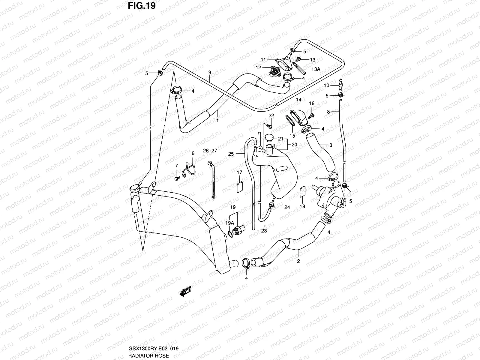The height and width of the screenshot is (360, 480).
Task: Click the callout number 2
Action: coord(298,261)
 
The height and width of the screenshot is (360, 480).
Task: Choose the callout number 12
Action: coord(259,68)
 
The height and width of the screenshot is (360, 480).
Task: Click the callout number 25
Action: coord(231,154)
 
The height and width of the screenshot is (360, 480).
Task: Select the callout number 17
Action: coord(239,172)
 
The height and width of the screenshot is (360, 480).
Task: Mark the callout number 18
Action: coord(303,206)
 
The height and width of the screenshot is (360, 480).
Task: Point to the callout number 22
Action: coord(271,116)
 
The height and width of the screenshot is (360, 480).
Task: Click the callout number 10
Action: coord(326,85)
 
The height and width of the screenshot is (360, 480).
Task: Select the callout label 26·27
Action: coord(210,151)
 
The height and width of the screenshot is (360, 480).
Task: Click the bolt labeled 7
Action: coord(176,178)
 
